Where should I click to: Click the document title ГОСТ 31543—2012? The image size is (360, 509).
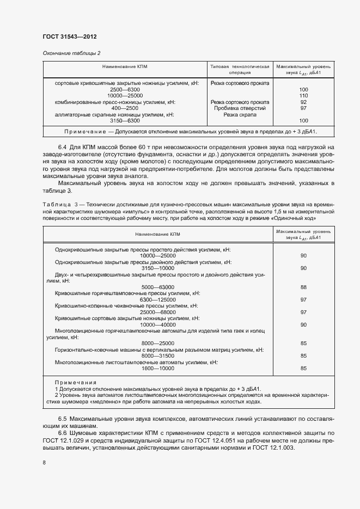pyautogui.click(x=70, y=37)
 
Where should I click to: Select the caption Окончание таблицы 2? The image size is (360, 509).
pyautogui.click(x=71, y=53)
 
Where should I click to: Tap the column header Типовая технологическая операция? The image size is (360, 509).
pyautogui.click(x=240, y=69)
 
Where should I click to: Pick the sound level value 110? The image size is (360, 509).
pyautogui.click(x=304, y=95)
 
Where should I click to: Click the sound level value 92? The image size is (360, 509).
pyautogui.click(x=304, y=102)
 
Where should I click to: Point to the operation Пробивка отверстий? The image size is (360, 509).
pyautogui.click(x=240, y=108)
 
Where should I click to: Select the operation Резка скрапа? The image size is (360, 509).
pyautogui.click(x=240, y=114)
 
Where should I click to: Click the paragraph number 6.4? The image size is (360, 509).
pyautogui.click(x=63, y=148)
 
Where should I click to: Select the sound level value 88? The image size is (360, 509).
pyautogui.click(x=304, y=287)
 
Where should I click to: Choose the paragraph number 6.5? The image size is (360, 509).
pyautogui.click(x=63, y=419)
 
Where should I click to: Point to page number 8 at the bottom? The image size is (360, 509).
pyautogui.click(x=45, y=462)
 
